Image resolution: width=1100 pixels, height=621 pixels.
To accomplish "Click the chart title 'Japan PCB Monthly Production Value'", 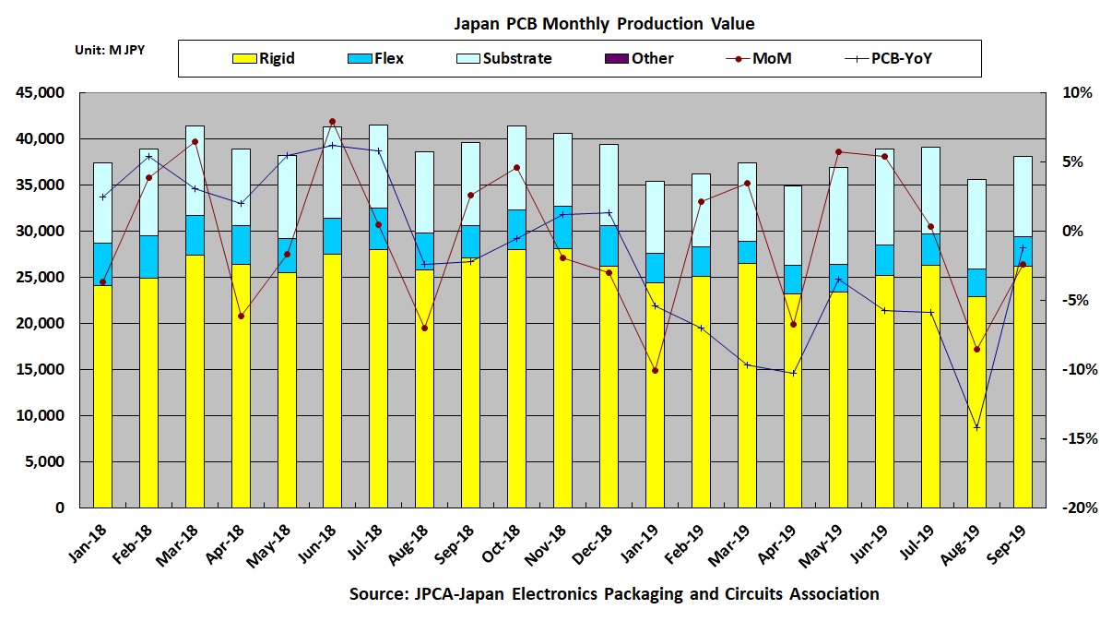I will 604,23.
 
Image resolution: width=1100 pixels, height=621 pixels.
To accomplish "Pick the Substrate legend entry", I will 503,59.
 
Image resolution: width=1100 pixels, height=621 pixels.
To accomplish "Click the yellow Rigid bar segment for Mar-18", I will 195,378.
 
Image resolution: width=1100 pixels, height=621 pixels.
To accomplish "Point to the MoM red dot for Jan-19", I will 655,371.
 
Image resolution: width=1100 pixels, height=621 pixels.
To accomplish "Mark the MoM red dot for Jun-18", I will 333,122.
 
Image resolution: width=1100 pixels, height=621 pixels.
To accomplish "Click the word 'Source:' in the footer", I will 374,594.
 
